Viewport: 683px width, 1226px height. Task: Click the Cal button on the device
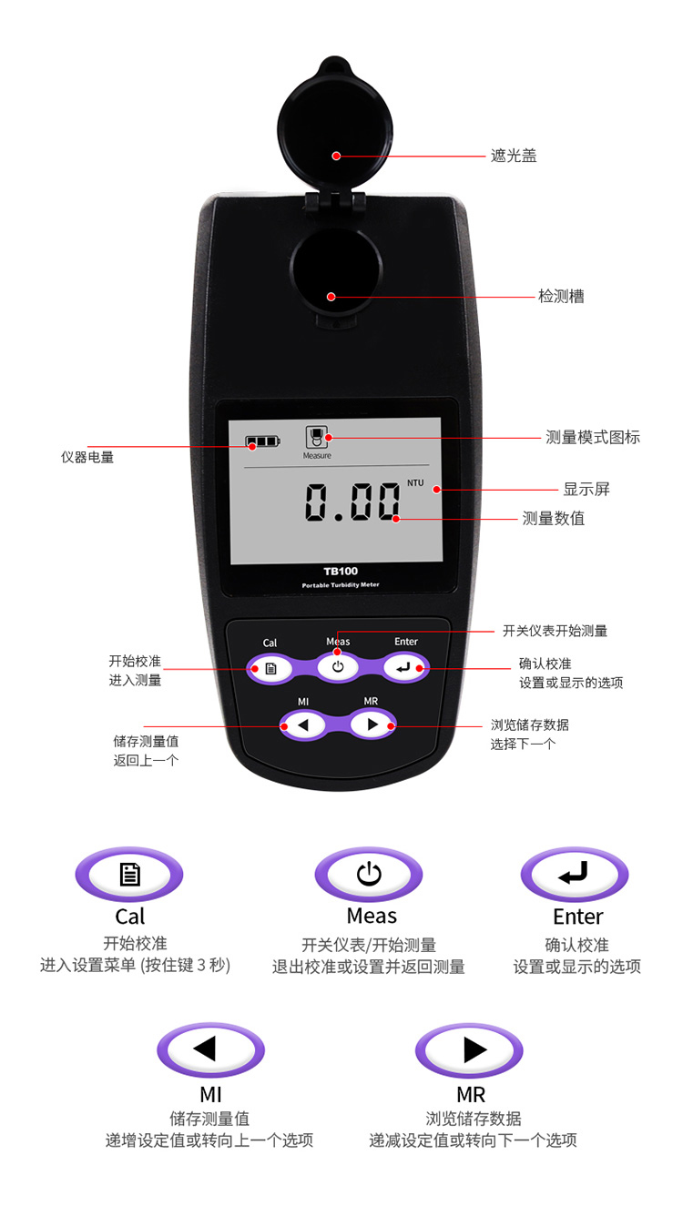[x=270, y=668]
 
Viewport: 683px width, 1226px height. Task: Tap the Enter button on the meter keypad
[x=404, y=668]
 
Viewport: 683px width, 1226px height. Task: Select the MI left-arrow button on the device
[x=303, y=725]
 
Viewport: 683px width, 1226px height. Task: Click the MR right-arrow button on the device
[x=372, y=724]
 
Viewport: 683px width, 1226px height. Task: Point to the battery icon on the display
[x=262, y=441]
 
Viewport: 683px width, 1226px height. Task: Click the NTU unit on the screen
[x=415, y=482]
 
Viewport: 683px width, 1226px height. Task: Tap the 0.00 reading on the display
[x=352, y=502]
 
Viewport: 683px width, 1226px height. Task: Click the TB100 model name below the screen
[x=340, y=572]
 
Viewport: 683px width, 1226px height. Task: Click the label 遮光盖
[x=514, y=156]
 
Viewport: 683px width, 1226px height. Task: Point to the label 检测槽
[x=561, y=297]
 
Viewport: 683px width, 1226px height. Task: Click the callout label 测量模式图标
[x=593, y=437]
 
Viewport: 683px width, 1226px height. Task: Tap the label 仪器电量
[x=87, y=457]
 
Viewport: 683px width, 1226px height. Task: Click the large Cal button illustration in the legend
[x=129, y=874]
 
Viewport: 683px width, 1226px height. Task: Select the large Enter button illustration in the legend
[x=575, y=874]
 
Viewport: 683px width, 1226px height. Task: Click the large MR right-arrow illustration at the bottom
[x=469, y=1049]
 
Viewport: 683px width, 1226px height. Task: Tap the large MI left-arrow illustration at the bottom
[x=211, y=1049]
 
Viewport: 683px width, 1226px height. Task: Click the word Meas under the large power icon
[x=372, y=916]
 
